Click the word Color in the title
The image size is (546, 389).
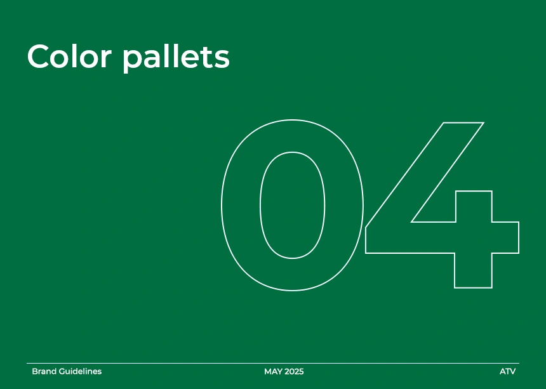tap(69, 56)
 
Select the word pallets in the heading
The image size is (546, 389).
tap(176, 58)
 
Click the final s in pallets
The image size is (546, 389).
tap(222, 59)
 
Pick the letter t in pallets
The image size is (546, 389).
tap(206, 57)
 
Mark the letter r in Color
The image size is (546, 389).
tap(106, 59)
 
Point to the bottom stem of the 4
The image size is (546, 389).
tap(473, 271)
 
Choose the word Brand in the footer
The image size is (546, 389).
tap(44, 372)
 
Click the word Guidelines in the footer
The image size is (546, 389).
tap(81, 372)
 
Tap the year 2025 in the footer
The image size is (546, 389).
tap(294, 372)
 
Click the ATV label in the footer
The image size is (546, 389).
tap(508, 372)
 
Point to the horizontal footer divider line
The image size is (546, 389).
tap(273, 363)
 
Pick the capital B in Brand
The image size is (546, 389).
tap(35, 372)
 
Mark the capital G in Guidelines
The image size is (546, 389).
tap(62, 372)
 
